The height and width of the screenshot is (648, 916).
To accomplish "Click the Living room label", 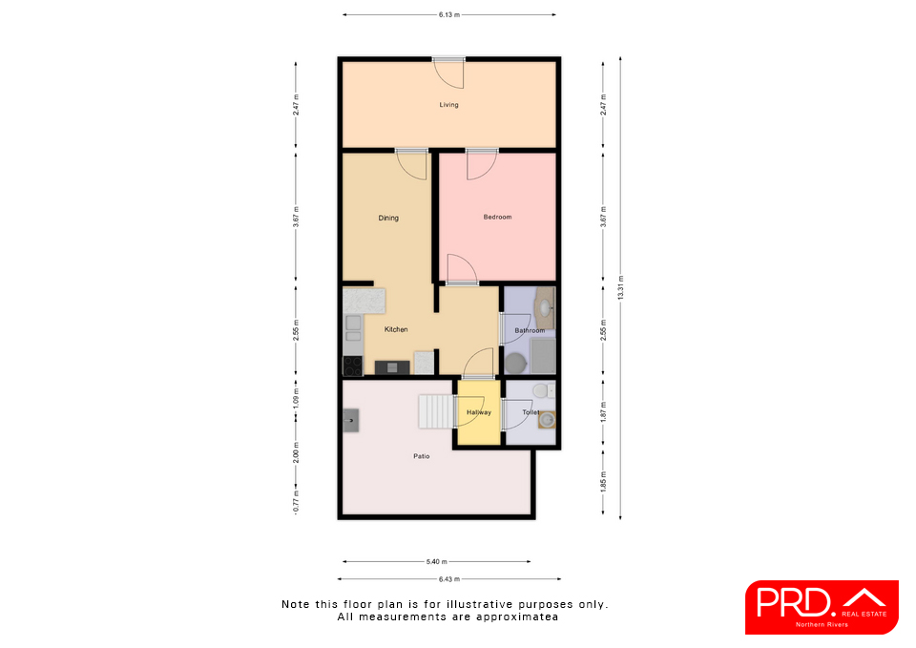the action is tap(448, 105).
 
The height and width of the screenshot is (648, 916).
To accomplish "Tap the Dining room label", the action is tap(388, 218).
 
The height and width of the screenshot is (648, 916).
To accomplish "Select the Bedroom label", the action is tap(497, 217).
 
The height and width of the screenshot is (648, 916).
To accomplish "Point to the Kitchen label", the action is tap(396, 329).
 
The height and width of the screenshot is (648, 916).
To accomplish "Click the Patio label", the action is tap(421, 456).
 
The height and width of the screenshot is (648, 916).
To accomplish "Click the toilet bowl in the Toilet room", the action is tap(542, 389).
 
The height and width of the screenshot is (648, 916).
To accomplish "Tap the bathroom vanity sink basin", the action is tap(546, 307).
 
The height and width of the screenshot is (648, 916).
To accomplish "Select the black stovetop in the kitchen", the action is tap(352, 366).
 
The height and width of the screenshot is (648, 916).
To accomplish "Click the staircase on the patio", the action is tap(436, 411).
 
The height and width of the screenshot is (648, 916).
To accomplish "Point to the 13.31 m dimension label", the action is tap(620, 287).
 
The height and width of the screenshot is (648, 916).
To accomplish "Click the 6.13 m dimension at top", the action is tap(448, 14).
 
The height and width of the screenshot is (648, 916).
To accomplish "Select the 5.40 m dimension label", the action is tap(436, 561).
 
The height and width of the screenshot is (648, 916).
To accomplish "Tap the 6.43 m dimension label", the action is tap(448, 579).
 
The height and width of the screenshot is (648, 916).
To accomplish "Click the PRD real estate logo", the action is tap(822, 607).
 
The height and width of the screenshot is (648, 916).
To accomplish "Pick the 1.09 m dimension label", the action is tap(296, 399).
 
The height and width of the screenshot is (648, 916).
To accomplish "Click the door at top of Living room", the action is tap(448, 73).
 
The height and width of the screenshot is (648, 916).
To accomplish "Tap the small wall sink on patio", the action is tap(350, 420).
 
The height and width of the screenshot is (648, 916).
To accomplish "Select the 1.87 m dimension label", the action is tap(603, 412).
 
